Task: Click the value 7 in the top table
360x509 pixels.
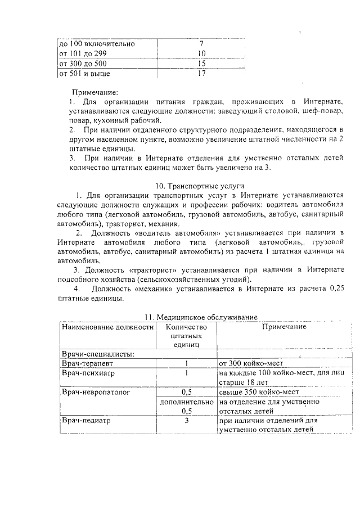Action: (x=201, y=43)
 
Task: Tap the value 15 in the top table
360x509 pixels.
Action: (x=201, y=64)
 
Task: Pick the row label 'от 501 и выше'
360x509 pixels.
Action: (x=85, y=74)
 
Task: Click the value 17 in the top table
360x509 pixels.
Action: (x=201, y=74)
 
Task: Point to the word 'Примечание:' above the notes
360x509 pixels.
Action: (x=94, y=92)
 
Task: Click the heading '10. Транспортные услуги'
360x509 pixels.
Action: (x=201, y=186)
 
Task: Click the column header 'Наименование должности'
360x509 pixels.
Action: (x=107, y=327)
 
